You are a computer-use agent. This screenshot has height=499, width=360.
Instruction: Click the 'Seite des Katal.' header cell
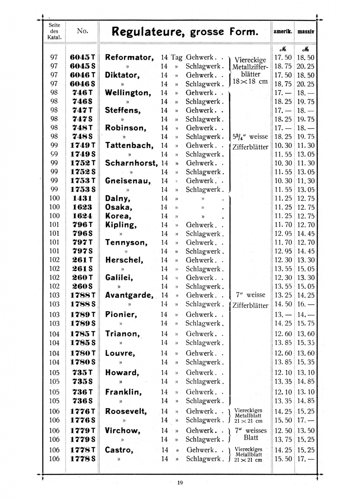point(55,32)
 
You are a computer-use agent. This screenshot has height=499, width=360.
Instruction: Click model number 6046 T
point(82,75)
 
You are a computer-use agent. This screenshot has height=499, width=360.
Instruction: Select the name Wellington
point(128,93)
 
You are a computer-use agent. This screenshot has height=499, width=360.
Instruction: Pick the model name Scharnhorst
point(131,163)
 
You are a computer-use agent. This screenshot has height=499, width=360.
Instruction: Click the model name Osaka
point(119,207)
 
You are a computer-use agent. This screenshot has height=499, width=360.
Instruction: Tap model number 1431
point(82,198)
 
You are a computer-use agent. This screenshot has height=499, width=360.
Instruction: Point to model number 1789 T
point(82,315)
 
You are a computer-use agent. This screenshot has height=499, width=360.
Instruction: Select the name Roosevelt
point(126,411)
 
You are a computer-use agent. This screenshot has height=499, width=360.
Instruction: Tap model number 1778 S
point(82,459)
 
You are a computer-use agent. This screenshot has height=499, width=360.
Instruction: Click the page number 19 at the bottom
point(180,483)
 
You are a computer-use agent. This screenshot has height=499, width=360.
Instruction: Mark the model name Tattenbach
point(129,145)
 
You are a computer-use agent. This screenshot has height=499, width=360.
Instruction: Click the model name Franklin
point(122,392)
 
